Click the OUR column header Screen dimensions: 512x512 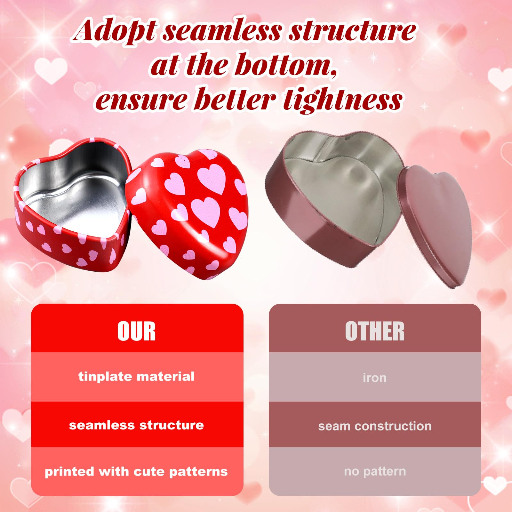136,331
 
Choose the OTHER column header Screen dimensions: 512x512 375,331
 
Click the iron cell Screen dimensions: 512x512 375,377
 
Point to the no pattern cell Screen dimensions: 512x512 375,471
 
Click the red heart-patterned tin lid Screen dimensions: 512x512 189,211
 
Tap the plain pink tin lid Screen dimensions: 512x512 434,224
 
